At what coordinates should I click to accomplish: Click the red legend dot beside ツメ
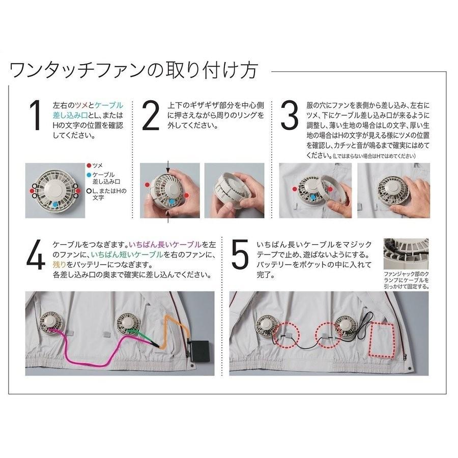(89, 166)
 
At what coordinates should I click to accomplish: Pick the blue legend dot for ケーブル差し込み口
(89, 175)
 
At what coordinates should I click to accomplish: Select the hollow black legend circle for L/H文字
(89, 190)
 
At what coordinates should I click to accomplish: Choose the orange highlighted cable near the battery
(170, 331)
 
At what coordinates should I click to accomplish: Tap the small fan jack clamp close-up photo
(406, 254)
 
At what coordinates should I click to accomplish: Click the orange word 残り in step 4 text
(60, 266)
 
